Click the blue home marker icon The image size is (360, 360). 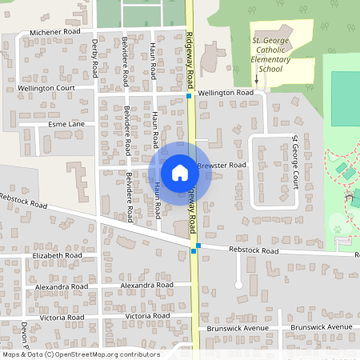click(180, 172)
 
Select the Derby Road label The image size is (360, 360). click(94, 58)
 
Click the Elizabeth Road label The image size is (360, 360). click(58, 256)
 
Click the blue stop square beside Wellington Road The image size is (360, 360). click(190, 96)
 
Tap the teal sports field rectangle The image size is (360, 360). click(346, 92)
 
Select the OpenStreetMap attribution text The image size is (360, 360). click(81, 354)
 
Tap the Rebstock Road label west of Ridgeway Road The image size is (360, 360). click(24, 201)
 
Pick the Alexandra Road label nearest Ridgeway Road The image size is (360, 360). click(146, 285)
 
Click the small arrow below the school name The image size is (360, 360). click(257, 79)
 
